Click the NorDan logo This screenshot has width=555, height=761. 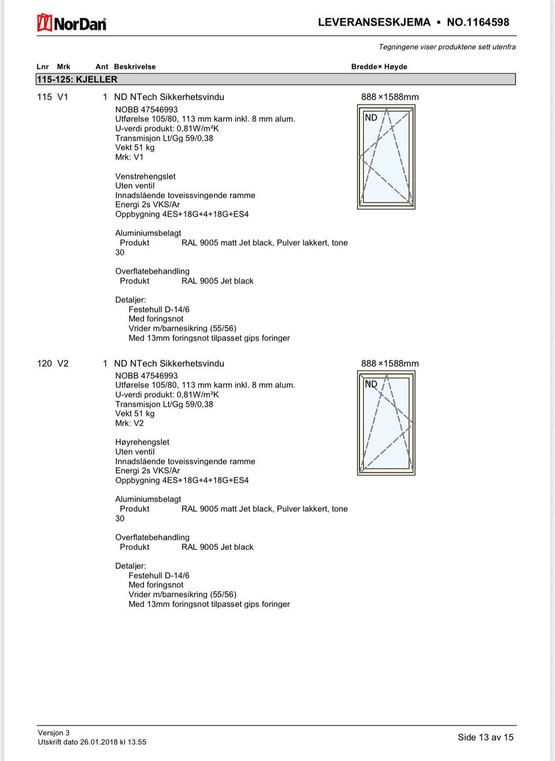(72, 23)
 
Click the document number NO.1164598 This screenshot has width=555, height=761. (478, 23)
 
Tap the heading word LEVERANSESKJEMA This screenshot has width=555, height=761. (374, 23)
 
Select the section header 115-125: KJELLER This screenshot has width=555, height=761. (77, 79)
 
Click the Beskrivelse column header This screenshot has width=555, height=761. (135, 67)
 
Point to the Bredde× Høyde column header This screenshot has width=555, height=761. (379, 67)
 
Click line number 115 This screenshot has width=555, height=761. (45, 97)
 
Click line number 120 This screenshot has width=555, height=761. (45, 363)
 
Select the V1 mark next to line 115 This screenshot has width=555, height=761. (62, 97)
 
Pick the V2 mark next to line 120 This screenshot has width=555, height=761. (62, 363)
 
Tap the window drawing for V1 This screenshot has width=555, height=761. (386, 158)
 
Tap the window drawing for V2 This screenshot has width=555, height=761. (386, 423)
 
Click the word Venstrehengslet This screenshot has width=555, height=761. (145, 176)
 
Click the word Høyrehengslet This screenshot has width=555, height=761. (142, 442)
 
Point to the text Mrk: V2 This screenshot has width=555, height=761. (129, 423)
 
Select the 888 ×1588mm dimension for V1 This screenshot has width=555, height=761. (390, 97)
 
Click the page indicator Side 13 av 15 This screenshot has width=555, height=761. (485, 737)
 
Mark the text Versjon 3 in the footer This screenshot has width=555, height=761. (54, 733)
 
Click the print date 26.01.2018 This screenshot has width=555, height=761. (99, 742)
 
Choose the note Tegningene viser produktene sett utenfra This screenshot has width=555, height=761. (447, 47)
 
